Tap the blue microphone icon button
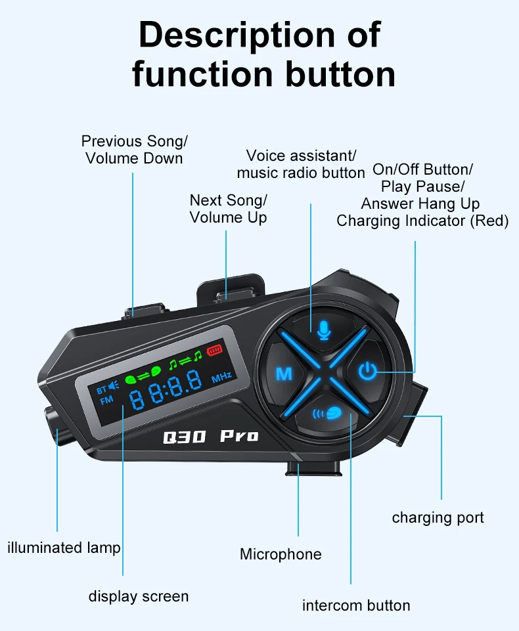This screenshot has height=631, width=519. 323,329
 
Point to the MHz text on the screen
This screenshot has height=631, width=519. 221,379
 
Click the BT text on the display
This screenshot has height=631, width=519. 101,390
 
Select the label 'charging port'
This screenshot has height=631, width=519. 438,517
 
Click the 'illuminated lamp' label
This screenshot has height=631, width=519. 64,547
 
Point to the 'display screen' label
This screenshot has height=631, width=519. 139,596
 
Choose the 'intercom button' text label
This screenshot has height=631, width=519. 356,605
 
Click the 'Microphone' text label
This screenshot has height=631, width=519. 281,554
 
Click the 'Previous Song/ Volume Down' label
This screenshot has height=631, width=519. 134,150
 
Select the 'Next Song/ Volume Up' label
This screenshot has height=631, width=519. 228,209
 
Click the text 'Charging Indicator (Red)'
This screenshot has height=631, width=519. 422,221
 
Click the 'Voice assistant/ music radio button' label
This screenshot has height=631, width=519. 301,164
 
